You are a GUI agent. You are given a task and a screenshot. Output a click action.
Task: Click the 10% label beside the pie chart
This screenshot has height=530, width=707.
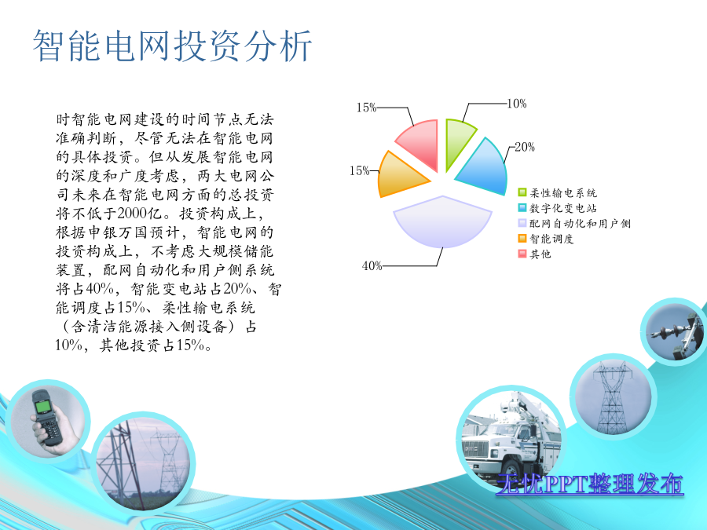(x=517, y=104)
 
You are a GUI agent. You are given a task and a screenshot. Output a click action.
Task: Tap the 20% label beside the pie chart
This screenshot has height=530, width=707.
(x=525, y=147)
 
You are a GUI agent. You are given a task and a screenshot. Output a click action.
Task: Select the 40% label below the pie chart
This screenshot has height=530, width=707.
(x=372, y=266)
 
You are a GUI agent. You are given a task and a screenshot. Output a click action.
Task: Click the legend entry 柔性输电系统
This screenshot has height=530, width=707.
(x=558, y=193)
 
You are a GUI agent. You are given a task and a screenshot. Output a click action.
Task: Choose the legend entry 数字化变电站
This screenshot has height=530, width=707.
(x=558, y=208)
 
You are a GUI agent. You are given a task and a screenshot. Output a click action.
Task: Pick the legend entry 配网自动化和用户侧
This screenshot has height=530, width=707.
(x=575, y=224)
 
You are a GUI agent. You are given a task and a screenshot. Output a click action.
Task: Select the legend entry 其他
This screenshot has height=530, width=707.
(x=535, y=254)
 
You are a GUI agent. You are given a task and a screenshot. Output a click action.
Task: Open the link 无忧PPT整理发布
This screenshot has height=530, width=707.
(x=590, y=484)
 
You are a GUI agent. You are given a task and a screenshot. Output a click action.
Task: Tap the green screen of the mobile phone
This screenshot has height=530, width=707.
(x=43, y=407)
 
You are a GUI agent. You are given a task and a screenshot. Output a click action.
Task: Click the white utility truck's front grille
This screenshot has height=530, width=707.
(x=475, y=449)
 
